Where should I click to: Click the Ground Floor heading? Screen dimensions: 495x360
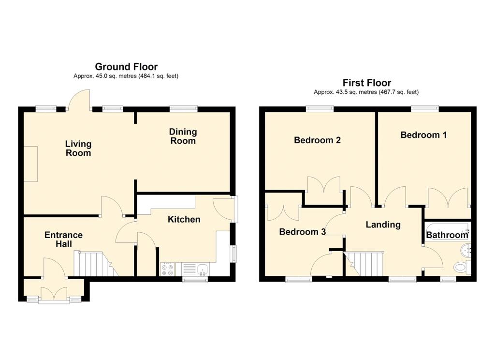tap(126, 67)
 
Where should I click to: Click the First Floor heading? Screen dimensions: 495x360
tap(367, 83)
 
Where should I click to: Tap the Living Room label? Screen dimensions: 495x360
tap(78, 148)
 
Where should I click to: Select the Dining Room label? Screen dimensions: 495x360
tap(183, 136)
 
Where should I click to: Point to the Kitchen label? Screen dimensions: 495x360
tap(184, 219)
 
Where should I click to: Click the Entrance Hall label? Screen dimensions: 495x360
tap(63, 239)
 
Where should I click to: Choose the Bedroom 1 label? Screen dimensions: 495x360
tap(423, 135)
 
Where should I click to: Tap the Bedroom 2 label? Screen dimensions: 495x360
tap(317, 140)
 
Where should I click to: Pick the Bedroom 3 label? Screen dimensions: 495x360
tap(303, 232)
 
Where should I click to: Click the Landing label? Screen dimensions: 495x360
tap(383, 225)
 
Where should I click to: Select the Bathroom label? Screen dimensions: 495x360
tap(447, 235)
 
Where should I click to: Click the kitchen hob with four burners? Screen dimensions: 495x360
tap(168, 270)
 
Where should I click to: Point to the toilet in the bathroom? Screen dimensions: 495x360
tap(462, 268)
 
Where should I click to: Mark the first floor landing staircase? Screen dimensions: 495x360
tap(364, 264)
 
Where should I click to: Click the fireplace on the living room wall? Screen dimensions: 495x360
tap(31, 164)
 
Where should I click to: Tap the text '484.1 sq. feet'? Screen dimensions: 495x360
tap(159, 76)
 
